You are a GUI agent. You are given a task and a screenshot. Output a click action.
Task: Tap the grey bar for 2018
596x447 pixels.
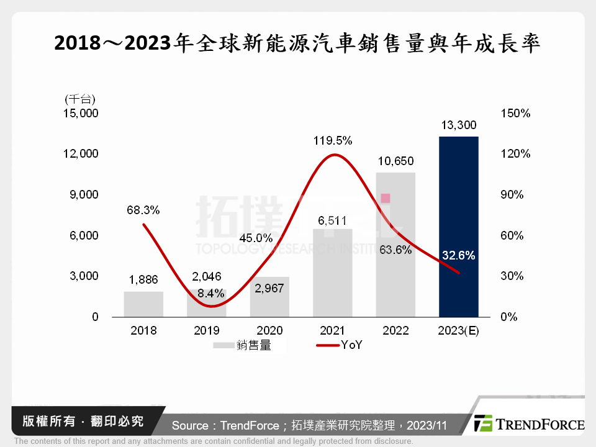(x=143, y=304)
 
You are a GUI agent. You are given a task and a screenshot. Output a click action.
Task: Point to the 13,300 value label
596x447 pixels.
(x=459, y=126)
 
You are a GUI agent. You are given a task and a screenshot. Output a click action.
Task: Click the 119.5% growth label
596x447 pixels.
(x=333, y=141)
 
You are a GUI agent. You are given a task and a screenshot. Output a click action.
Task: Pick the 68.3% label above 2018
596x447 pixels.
(x=143, y=210)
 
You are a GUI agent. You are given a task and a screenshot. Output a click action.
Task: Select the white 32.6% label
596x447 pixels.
(x=459, y=255)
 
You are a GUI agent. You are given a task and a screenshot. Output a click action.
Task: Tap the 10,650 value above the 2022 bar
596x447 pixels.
(x=395, y=161)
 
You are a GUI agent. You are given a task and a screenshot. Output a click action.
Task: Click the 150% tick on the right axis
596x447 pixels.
(x=515, y=114)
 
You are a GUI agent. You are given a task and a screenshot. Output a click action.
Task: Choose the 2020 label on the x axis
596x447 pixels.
(x=269, y=331)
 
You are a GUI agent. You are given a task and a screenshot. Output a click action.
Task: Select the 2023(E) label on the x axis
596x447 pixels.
(x=459, y=331)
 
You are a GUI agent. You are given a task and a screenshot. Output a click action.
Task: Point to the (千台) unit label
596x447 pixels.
(x=79, y=99)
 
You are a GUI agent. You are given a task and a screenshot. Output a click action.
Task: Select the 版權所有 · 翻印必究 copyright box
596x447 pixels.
(x=81, y=422)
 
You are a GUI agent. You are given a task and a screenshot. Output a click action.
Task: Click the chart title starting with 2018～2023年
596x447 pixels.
(x=298, y=44)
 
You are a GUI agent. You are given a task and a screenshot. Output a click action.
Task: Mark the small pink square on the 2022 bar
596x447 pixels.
(x=386, y=198)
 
